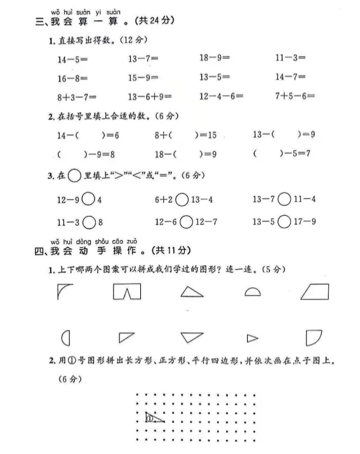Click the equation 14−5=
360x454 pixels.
pyautogui.click(x=70, y=59)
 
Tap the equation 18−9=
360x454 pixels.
pyautogui.click(x=214, y=58)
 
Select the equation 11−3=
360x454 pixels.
pyautogui.click(x=290, y=58)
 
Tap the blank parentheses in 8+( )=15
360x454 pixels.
pyautogui.click(x=183, y=135)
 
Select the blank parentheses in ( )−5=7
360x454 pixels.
pyautogui.click(x=263, y=154)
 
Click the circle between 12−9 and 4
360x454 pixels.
pyautogui.click(x=88, y=199)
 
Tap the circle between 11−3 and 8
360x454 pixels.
pyautogui.click(x=88, y=222)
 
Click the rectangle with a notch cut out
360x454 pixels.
pyautogui.click(x=126, y=292)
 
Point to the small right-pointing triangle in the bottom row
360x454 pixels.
pyautogui.click(x=252, y=338)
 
